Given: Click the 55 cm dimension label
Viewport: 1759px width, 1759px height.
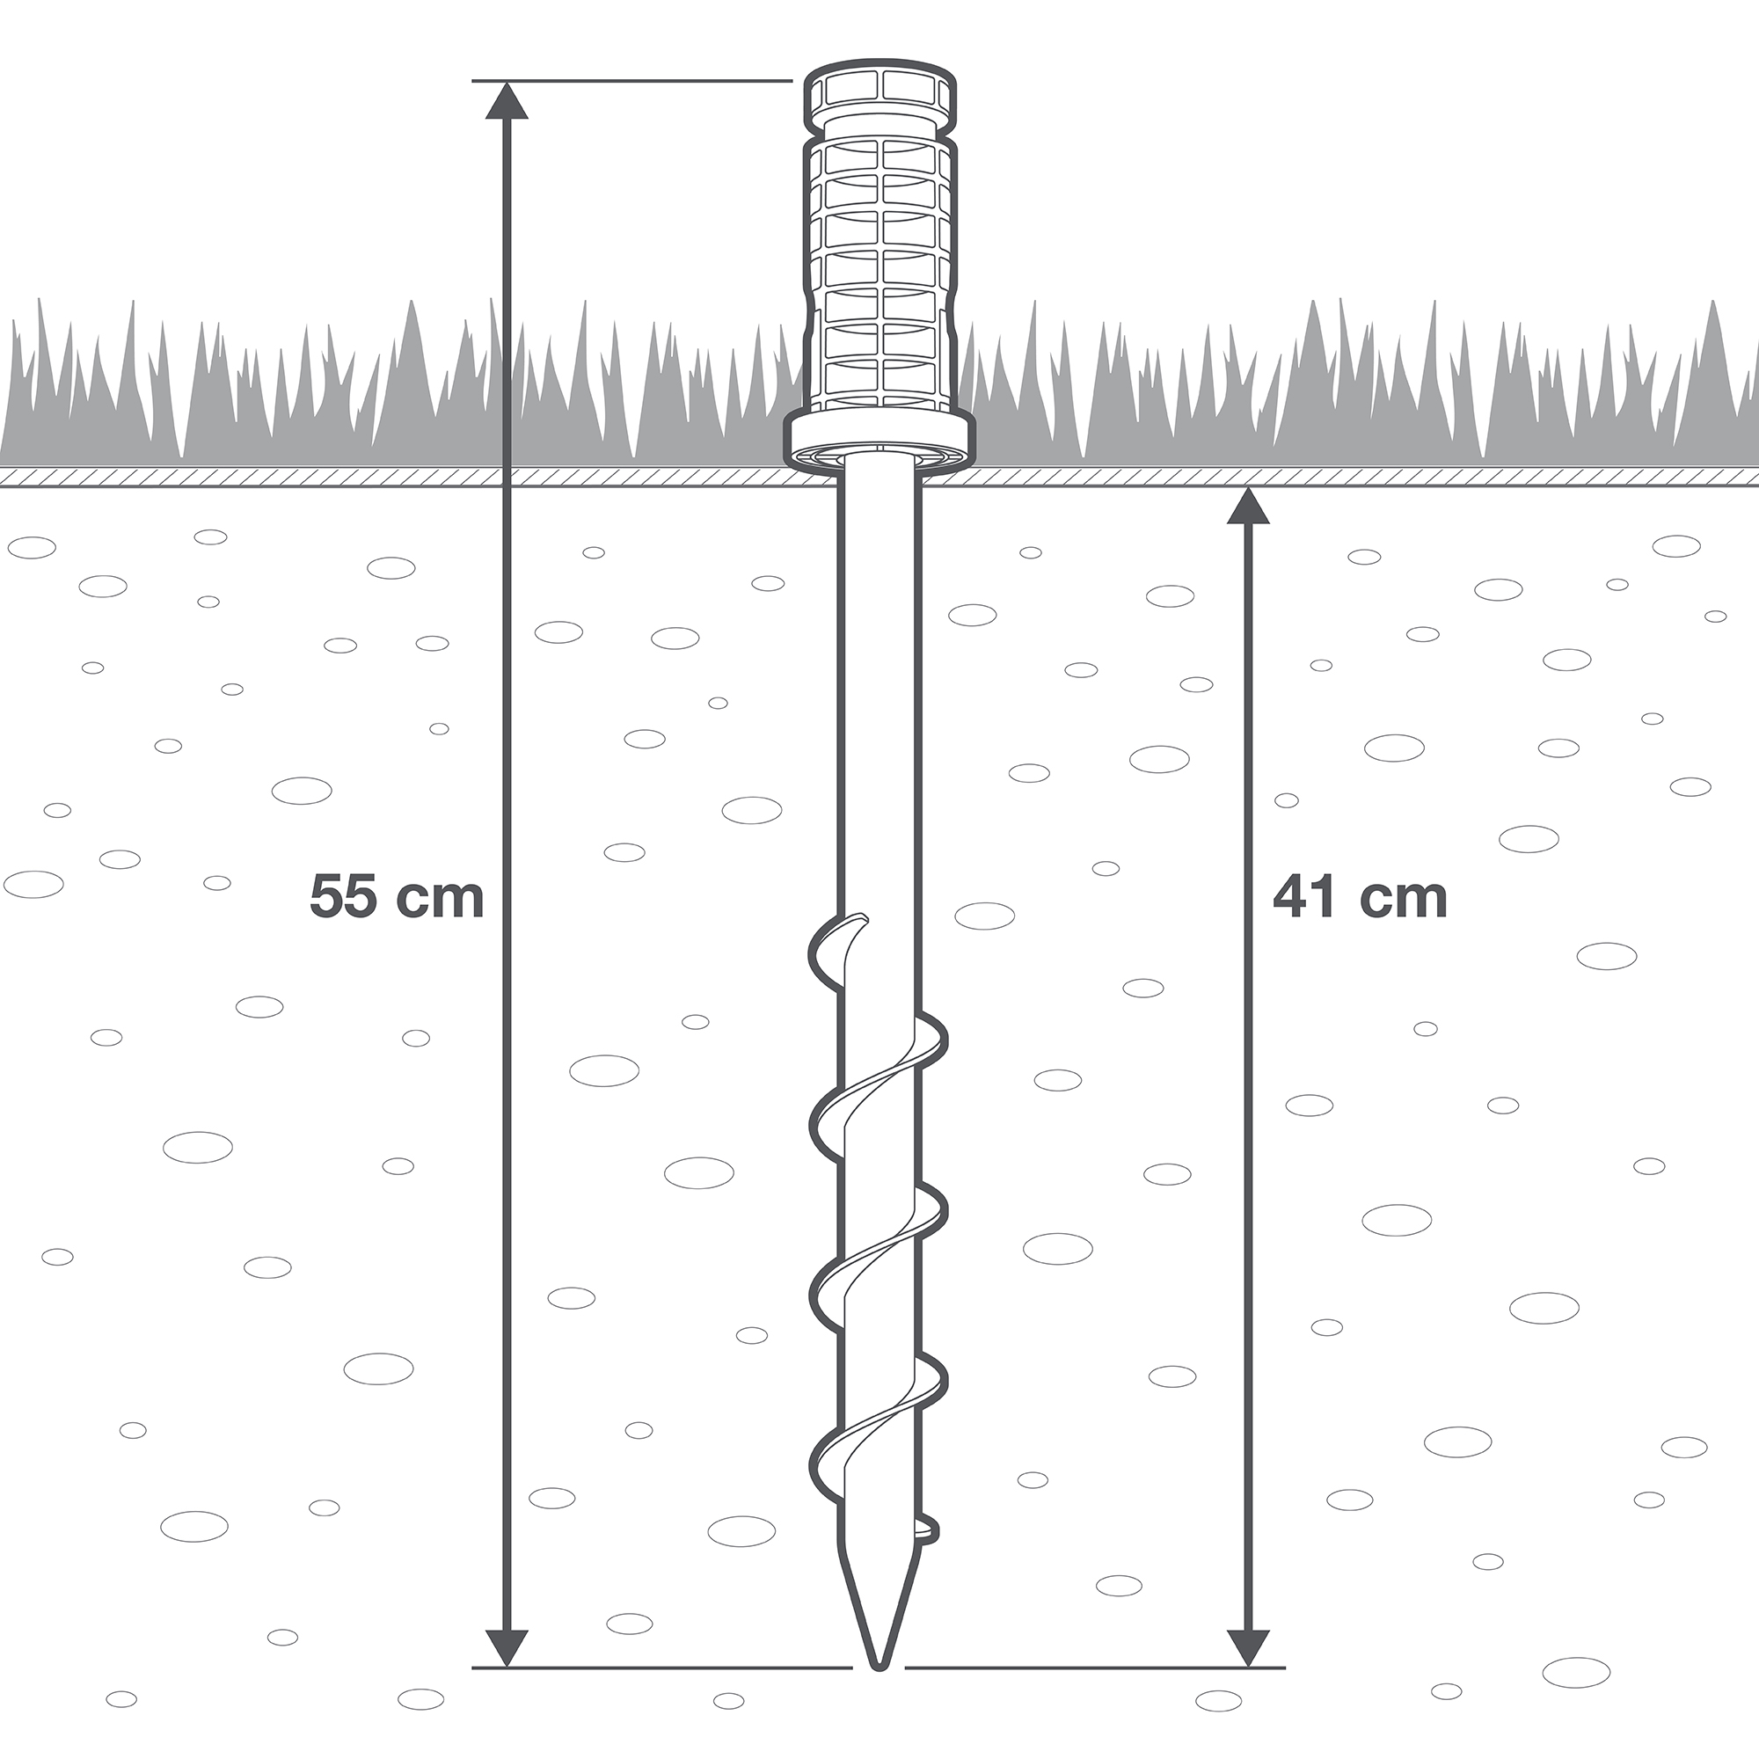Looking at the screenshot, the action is [396, 897].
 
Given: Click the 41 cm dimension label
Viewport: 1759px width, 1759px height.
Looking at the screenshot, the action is [1361, 897].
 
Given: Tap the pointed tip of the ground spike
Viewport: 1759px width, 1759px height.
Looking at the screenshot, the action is [879, 1668].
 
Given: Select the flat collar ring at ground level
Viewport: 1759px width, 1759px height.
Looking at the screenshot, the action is [879, 444].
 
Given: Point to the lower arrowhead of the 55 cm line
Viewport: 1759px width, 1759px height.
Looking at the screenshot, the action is [507, 1648].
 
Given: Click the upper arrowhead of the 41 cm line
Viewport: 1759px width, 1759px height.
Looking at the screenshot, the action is [1248, 507].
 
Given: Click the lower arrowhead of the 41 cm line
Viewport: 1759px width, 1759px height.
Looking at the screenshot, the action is [1248, 1648].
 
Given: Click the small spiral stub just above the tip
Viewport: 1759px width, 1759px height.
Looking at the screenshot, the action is [927, 1530].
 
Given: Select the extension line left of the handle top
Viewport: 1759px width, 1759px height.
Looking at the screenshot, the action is [631, 81].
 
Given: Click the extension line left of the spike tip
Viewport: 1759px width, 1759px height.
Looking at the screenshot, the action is [662, 1668].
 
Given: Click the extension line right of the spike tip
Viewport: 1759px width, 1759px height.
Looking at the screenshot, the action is [1095, 1668].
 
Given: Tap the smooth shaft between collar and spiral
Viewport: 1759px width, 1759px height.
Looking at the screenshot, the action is [879, 692].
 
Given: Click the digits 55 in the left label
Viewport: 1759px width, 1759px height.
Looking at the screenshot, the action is [341, 897].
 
